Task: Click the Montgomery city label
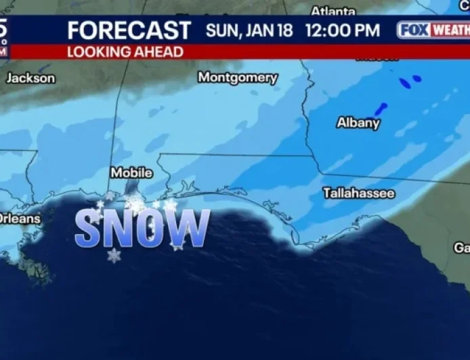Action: [x=238, y=78]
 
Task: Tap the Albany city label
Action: [x=358, y=122]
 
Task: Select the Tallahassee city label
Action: [x=358, y=193]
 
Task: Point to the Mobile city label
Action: [x=131, y=173]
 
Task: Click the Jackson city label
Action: [x=30, y=78]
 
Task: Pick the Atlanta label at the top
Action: [x=333, y=12]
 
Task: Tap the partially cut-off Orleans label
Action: [x=20, y=219]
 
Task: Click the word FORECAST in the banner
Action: [x=129, y=30]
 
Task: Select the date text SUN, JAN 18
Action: [x=251, y=30]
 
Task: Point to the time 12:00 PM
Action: [x=342, y=30]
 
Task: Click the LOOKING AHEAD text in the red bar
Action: [x=125, y=52]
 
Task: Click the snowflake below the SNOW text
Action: [x=114, y=256]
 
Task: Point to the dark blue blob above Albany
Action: [x=381, y=108]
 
